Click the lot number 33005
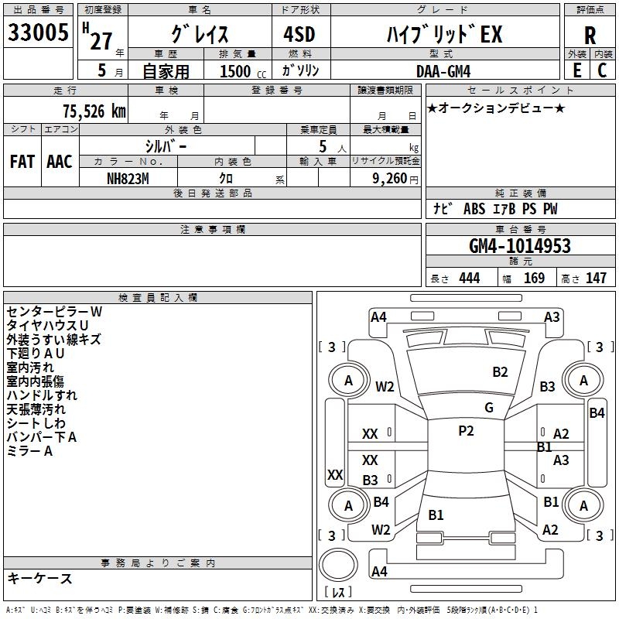[37, 33]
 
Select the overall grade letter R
[590, 35]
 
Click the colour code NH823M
[128, 177]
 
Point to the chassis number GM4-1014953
[520, 246]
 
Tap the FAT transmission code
[22, 162]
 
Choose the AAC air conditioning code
[60, 162]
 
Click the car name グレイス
[200, 34]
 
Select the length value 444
[469, 279]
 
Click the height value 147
[596, 279]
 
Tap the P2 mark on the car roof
[466, 431]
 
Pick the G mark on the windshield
[489, 407]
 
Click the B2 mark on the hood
[501, 372]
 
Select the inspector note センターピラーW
[54, 311]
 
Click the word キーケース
[40, 578]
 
